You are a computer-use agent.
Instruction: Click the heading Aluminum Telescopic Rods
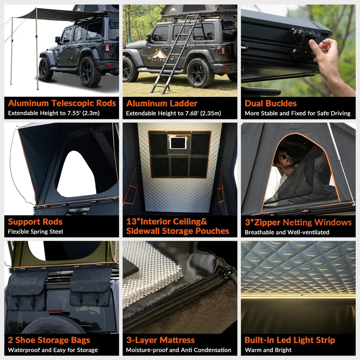point(62,103)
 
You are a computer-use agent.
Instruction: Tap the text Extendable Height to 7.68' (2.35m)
point(173,113)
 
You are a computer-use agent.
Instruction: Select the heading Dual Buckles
point(270,103)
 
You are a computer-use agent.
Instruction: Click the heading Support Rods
point(35,222)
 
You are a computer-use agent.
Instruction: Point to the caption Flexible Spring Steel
point(35,232)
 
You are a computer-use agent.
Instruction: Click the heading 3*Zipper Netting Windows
point(298,222)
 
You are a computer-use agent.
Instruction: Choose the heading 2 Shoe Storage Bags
point(49,340)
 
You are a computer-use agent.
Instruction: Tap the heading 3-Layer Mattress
point(160,340)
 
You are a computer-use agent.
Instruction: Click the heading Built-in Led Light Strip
point(290,340)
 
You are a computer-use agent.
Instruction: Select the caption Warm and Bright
point(268,350)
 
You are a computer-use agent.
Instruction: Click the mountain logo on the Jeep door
point(159,54)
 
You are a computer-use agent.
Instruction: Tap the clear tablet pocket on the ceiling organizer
point(178,143)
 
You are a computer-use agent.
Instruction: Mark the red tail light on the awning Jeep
point(106,47)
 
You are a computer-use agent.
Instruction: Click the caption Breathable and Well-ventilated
point(287,232)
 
